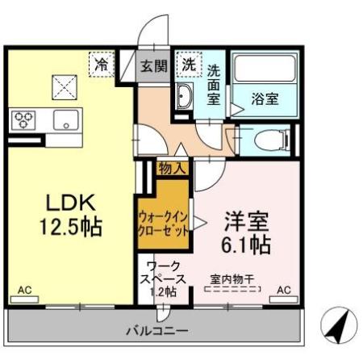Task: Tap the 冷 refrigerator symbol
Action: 102,62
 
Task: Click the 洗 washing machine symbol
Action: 187,63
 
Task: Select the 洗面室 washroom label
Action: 213,83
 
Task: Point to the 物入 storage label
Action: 173,168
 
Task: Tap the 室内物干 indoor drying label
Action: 232,280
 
